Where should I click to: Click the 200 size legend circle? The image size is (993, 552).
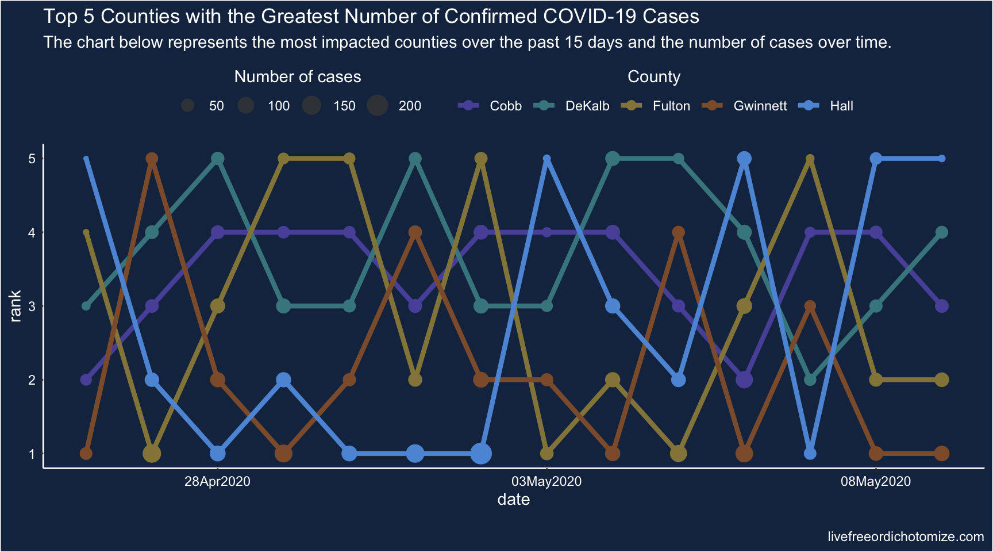378,106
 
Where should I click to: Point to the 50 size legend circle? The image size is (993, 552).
187,106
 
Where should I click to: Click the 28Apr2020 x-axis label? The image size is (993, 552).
217,482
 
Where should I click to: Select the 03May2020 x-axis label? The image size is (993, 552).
546,482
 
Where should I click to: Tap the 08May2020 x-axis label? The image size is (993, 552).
875,482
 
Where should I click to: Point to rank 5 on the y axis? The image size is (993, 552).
32,159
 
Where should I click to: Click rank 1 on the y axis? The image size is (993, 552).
32,454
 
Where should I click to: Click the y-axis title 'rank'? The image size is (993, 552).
16,306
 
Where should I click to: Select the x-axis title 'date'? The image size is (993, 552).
513,500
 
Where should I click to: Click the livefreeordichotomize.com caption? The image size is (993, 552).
906,537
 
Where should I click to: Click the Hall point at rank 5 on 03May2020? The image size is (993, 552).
546,159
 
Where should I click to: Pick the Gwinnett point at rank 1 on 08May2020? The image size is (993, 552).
876,454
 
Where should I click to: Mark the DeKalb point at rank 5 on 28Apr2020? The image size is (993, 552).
218,159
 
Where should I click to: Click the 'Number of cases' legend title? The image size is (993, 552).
298,77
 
